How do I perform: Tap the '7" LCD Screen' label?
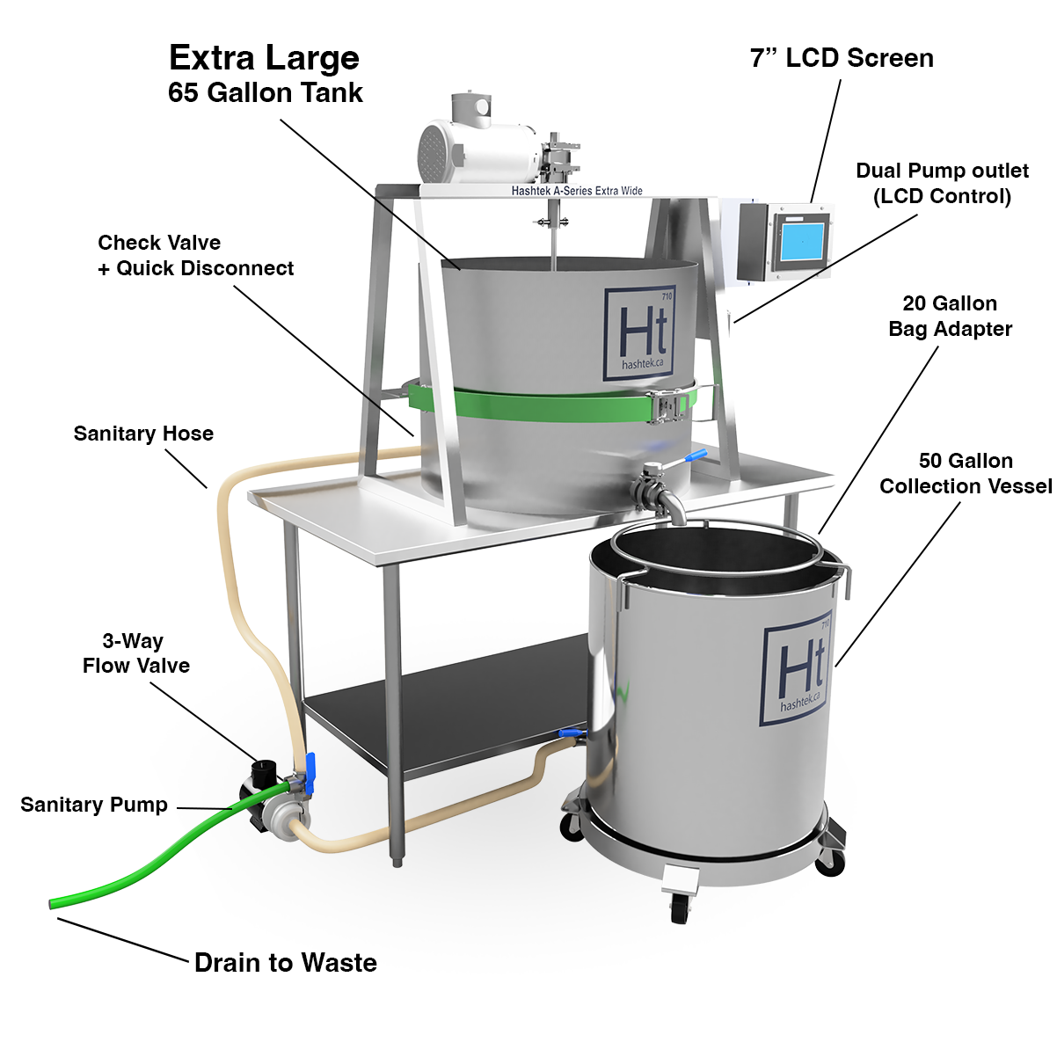(x=842, y=57)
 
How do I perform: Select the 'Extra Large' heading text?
(x=264, y=59)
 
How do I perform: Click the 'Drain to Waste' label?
(x=285, y=963)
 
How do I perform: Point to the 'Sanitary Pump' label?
(x=94, y=805)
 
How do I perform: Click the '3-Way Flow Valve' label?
(x=136, y=652)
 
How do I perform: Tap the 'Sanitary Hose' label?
(x=143, y=434)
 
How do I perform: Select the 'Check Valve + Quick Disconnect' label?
(x=195, y=255)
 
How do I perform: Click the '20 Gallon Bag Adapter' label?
(x=950, y=316)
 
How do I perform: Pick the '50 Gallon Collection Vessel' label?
(x=966, y=473)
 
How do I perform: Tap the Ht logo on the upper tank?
(x=639, y=333)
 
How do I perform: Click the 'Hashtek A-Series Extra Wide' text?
(x=577, y=190)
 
